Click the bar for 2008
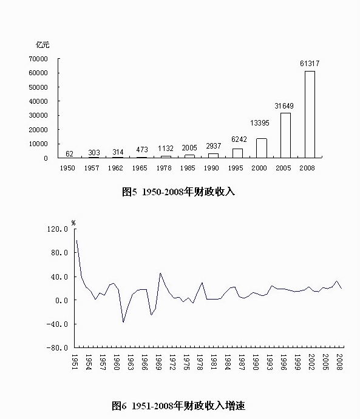(310, 115)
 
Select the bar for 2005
(285, 135)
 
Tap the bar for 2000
(262, 149)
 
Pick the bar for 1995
(237, 153)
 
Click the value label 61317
(310, 64)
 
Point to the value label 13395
(259, 123)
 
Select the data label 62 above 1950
(69, 153)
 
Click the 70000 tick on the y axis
(38, 59)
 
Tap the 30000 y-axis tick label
(38, 115)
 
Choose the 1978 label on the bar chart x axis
(165, 168)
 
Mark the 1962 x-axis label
(115, 168)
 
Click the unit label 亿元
(42, 45)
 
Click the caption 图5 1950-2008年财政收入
(178, 192)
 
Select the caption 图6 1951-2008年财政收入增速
(178, 406)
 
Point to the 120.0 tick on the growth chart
(58, 229)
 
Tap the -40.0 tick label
(57, 324)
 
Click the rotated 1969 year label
(158, 362)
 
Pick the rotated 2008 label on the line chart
(339, 362)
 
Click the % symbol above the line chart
(73, 223)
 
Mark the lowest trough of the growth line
(123, 322)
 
